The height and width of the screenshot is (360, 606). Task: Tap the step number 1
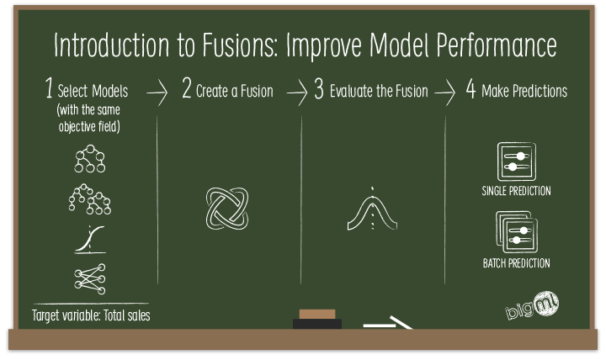click(50, 91)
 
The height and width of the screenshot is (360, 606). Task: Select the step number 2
click(186, 91)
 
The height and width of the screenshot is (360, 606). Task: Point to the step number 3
click(318, 91)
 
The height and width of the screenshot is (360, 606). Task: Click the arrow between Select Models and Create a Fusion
click(157, 93)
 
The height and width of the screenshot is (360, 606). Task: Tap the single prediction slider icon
click(516, 161)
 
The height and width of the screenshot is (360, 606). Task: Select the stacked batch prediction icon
click(516, 232)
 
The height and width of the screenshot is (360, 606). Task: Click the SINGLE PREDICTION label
click(517, 191)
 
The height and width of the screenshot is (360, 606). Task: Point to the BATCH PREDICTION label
click(517, 263)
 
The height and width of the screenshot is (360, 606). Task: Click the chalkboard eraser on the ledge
click(316, 320)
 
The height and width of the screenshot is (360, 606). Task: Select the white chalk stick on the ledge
click(389, 322)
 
